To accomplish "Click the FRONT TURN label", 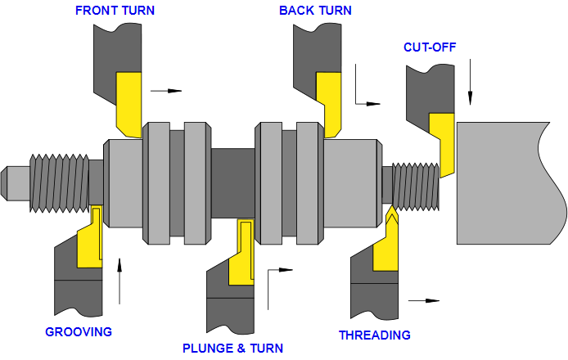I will click(x=115, y=11).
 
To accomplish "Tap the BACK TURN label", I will click(x=315, y=11).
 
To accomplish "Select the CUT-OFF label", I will click(x=429, y=47).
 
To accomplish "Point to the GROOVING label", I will click(x=78, y=331).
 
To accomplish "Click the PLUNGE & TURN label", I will click(x=232, y=349).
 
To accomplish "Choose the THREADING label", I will click(x=374, y=335).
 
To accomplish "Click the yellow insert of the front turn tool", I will click(x=128, y=102).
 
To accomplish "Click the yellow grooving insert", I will click(x=90, y=241).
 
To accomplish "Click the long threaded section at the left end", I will click(x=59, y=183).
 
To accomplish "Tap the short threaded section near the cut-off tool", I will click(x=415, y=187).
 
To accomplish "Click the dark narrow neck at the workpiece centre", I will click(x=233, y=183).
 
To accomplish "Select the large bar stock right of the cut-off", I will click(x=507, y=183).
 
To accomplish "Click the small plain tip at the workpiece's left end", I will click(x=16, y=183).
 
